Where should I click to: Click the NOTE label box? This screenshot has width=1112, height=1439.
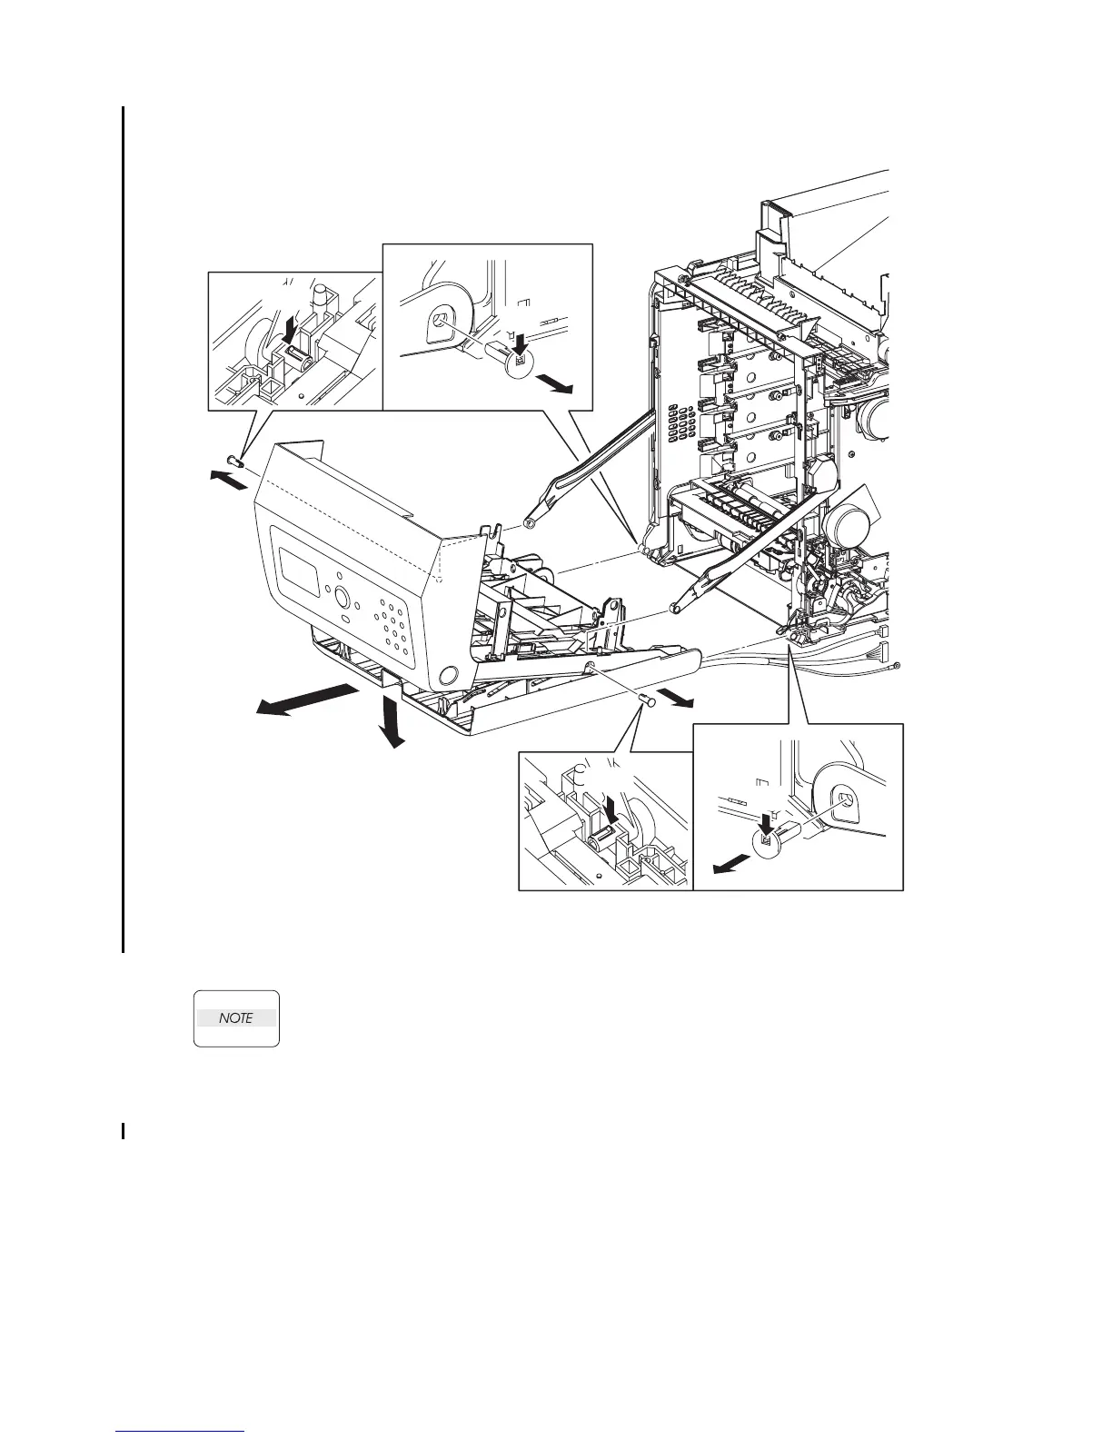tap(236, 1018)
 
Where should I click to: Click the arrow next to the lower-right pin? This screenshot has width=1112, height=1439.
tap(677, 697)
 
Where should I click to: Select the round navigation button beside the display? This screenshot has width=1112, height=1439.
tap(343, 598)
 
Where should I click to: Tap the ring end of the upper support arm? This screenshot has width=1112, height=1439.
tap(530, 523)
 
